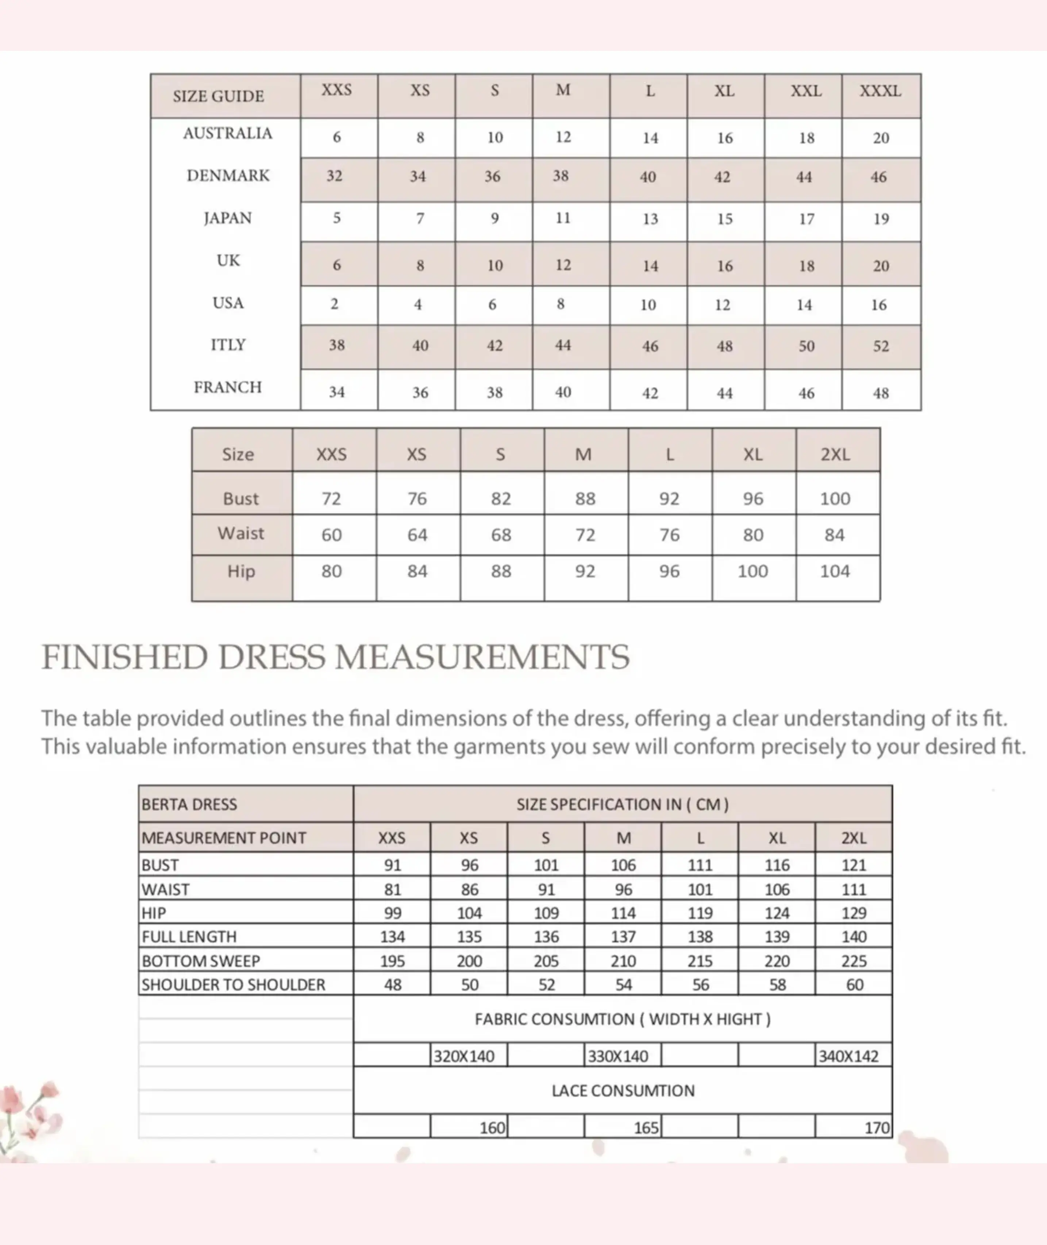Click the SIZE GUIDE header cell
[x=219, y=96]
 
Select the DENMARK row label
[x=228, y=176]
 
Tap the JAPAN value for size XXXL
[x=881, y=219]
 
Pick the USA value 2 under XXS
[x=334, y=304]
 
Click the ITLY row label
[x=228, y=345]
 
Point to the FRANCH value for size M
[x=563, y=392]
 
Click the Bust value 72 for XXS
[x=331, y=499]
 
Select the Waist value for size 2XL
[x=835, y=535]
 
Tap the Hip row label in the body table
[x=241, y=571]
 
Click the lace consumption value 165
[x=646, y=1127]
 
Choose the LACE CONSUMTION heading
[x=623, y=1091]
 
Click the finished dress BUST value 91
[x=392, y=865]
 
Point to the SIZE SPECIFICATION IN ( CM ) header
[x=622, y=804]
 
